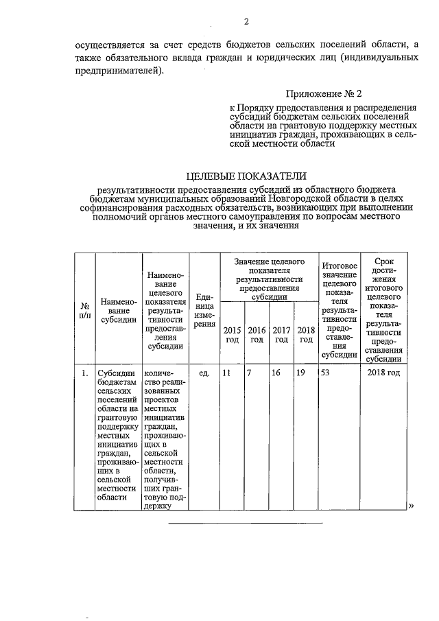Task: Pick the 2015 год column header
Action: [231, 334]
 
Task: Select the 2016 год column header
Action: [257, 334]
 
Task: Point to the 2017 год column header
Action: [281, 334]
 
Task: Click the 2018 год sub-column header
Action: [305, 334]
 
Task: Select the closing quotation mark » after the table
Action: [412, 506]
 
